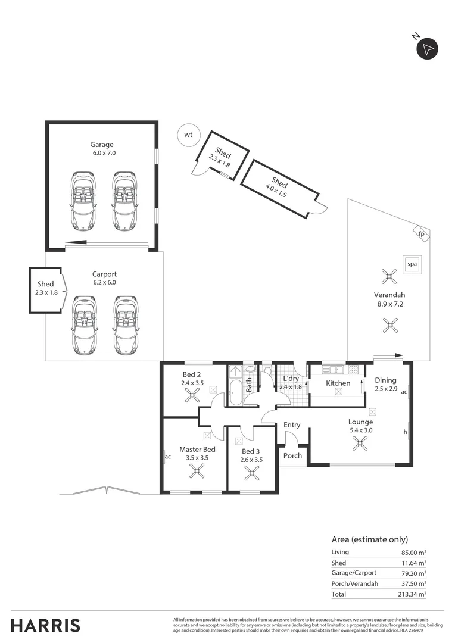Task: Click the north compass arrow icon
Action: (427, 48)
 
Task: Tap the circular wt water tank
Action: (189, 135)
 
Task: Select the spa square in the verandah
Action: (411, 264)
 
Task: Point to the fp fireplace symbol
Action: (421, 233)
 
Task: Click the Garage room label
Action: (102, 145)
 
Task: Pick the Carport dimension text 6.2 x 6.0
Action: (104, 283)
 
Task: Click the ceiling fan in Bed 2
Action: (192, 396)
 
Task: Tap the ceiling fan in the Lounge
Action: (360, 442)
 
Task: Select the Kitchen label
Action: (338, 383)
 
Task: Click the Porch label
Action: (292, 456)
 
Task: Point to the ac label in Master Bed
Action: (168, 457)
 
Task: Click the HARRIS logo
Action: (45, 626)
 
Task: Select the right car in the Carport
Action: (126, 326)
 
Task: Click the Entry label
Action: (292, 425)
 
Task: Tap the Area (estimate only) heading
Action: (369, 539)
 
